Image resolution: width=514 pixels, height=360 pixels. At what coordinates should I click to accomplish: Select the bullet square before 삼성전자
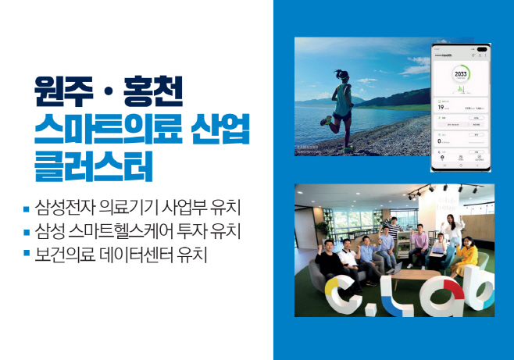tap(27, 209)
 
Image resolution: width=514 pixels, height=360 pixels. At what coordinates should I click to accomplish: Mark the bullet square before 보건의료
tap(27, 254)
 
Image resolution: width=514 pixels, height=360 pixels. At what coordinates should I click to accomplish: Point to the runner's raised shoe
tap(326, 121)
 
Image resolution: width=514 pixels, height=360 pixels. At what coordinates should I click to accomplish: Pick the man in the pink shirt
tap(420, 244)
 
